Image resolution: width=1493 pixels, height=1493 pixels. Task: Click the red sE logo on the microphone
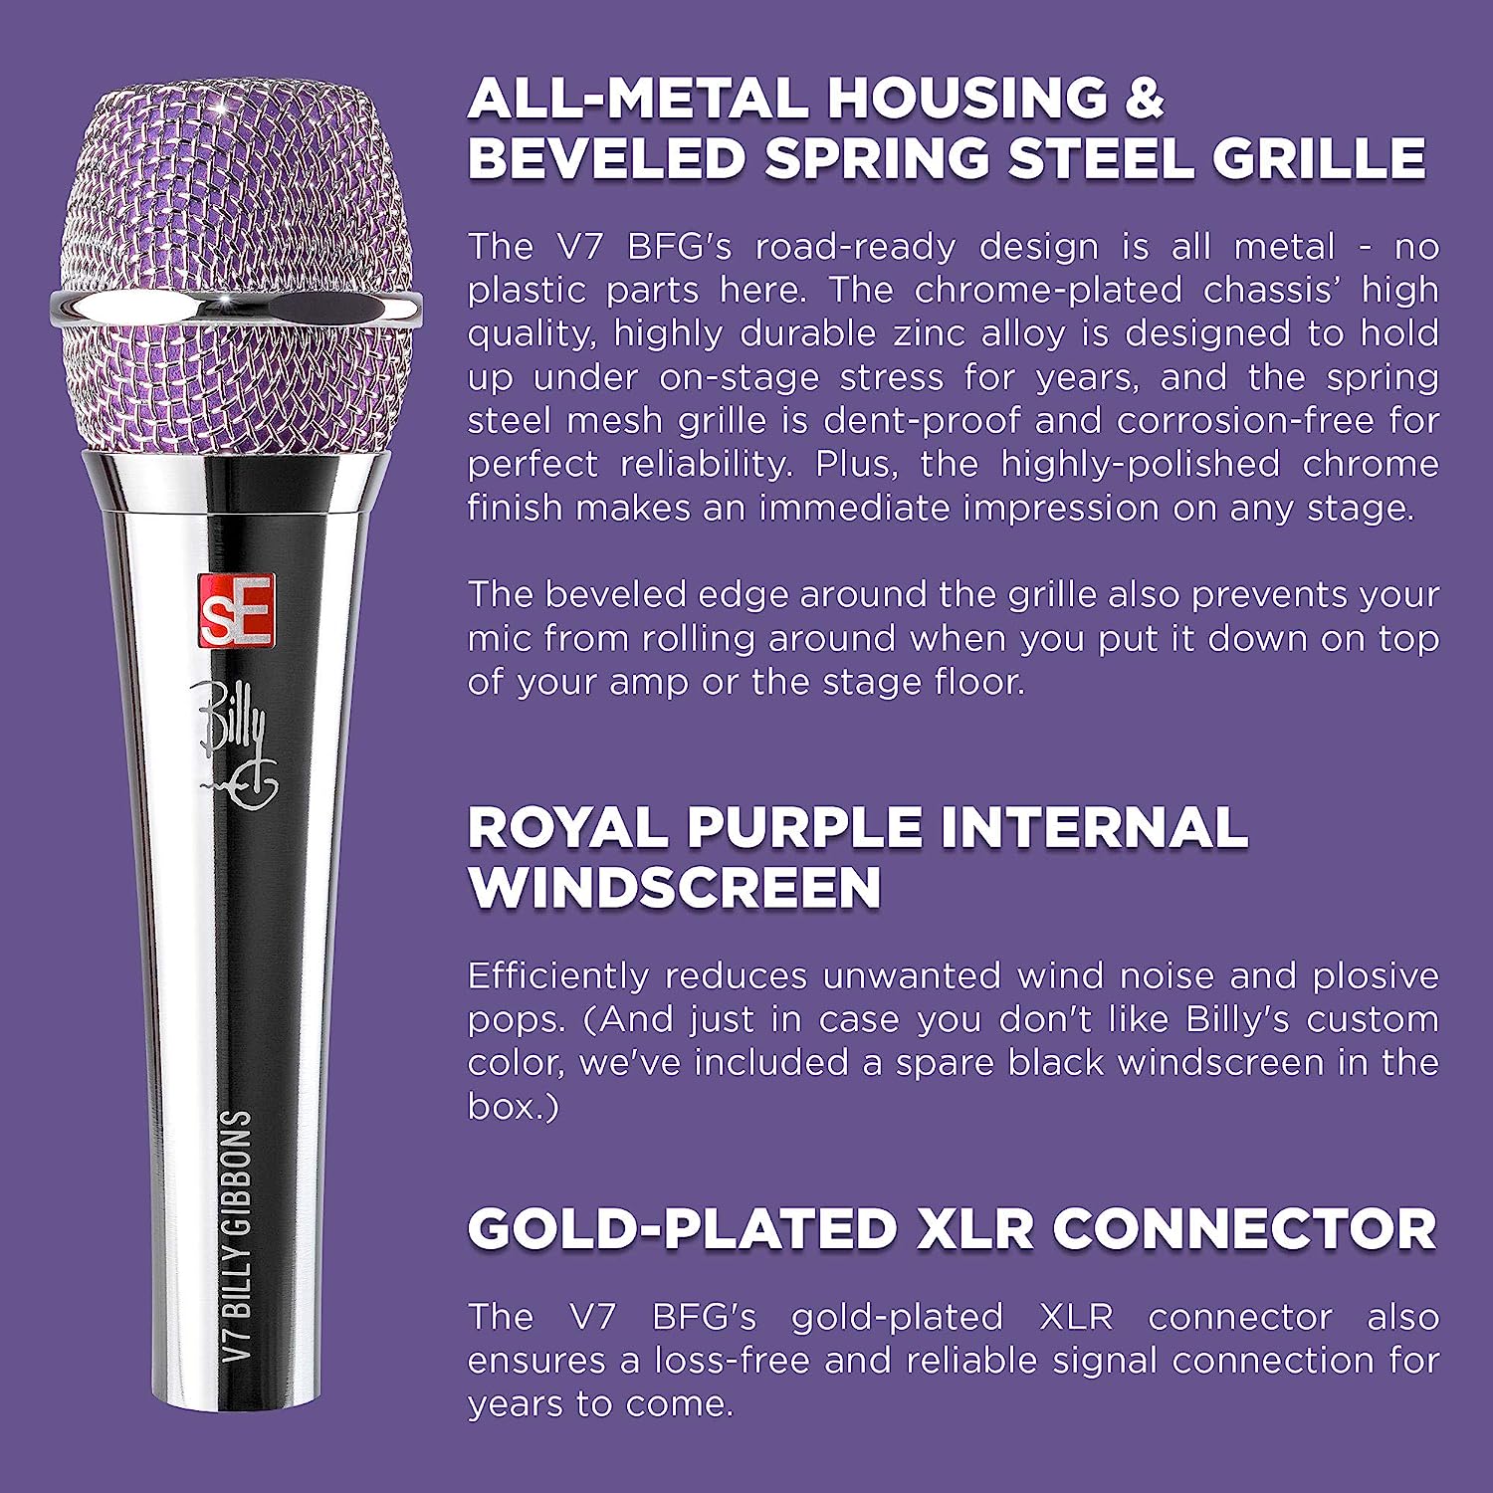pyautogui.click(x=236, y=610)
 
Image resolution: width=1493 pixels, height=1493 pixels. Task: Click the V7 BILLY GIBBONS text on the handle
pyautogui.click(x=235, y=1236)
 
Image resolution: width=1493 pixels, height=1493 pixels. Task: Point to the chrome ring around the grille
pyautogui.click(x=235, y=309)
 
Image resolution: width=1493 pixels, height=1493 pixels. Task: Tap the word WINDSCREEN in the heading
pyautogui.click(x=675, y=887)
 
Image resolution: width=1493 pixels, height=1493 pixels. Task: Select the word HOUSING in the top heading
pyautogui.click(x=965, y=98)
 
